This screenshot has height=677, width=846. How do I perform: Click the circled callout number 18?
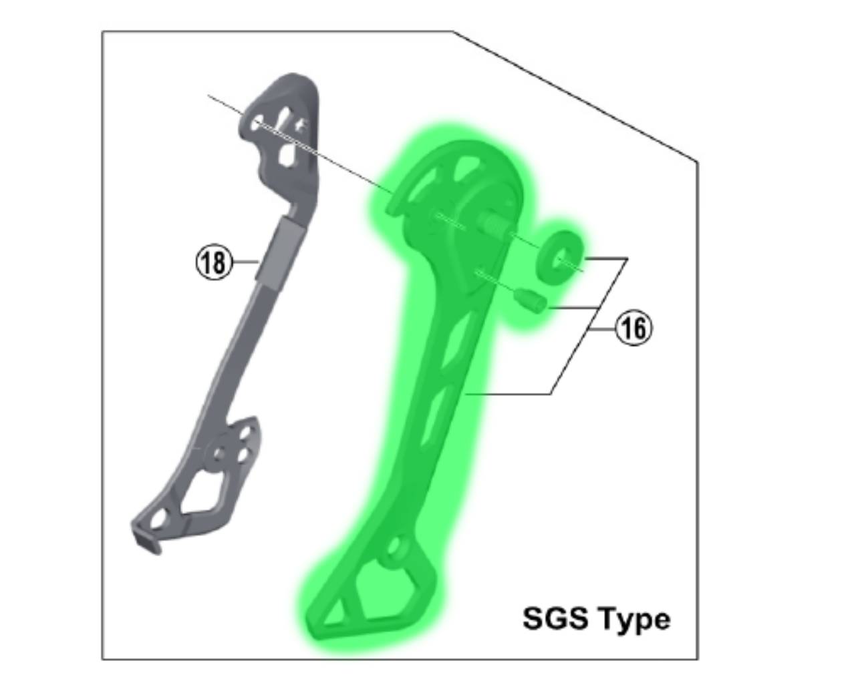[215, 262]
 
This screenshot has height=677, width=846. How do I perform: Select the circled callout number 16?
[633, 329]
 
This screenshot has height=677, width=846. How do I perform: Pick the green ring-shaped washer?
[560, 256]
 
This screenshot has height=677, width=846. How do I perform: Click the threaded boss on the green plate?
[493, 228]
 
